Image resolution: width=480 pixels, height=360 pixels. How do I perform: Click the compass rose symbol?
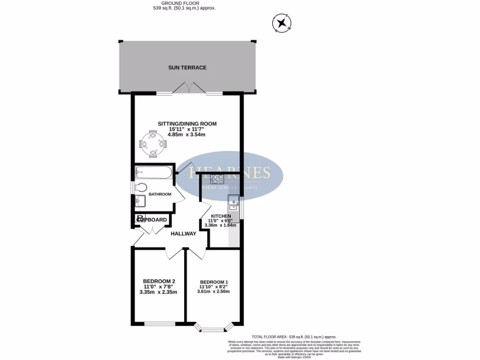click(x=282, y=23)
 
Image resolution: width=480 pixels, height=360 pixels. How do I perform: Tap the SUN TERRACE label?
click(x=187, y=67)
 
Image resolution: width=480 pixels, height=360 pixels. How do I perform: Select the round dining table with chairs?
click(x=153, y=144)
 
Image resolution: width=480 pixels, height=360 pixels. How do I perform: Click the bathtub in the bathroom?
click(x=153, y=173)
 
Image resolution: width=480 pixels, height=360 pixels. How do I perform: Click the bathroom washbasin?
click(x=139, y=202)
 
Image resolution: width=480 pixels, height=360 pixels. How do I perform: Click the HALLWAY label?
click(x=183, y=234)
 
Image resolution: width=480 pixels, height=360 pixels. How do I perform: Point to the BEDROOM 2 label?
click(x=158, y=281)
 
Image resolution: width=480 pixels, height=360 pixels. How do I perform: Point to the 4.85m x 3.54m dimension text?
click(x=187, y=135)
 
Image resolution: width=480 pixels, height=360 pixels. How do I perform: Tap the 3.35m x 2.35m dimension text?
click(x=158, y=292)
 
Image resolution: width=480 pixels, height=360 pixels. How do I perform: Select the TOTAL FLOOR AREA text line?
click(x=294, y=337)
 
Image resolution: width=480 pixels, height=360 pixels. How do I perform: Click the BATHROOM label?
click(x=160, y=194)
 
